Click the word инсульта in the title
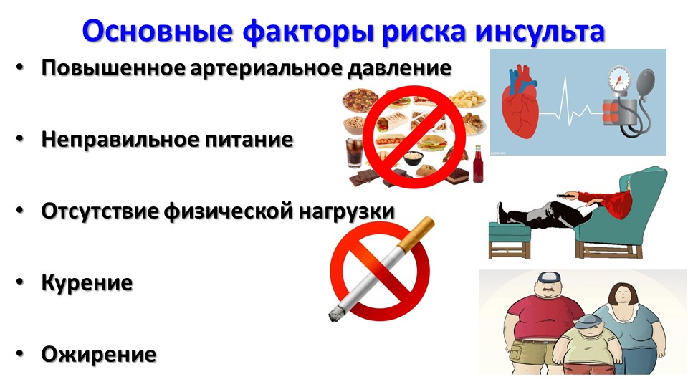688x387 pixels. [540, 32]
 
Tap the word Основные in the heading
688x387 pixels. [157, 32]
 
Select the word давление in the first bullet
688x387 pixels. [399, 68]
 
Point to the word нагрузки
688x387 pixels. [347, 211]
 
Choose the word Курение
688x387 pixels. [87, 282]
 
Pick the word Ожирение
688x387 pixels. [99, 354]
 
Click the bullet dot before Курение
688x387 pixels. [20, 282]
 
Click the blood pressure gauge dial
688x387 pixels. [618, 80]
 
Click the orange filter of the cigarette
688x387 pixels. [417, 232]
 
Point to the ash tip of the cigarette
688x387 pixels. [335, 314]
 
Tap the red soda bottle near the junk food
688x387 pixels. [478, 165]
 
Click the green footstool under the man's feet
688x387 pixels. [510, 239]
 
